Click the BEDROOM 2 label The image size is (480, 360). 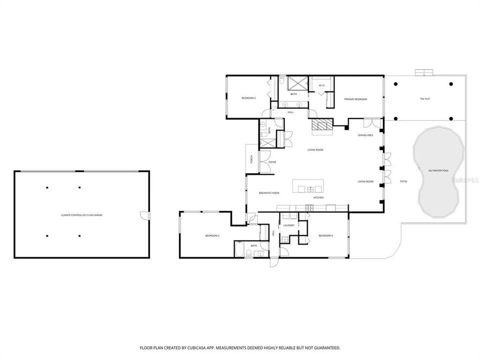point(248,98)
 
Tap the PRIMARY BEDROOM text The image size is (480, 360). point(355,99)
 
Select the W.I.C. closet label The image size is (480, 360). point(322,85)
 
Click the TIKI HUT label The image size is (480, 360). point(424,99)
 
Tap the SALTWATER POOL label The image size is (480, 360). point(438,170)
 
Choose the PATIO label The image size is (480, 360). point(403,181)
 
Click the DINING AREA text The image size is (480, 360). point(365,135)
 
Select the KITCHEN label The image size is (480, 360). point(318,198)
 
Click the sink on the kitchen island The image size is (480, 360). point(311,189)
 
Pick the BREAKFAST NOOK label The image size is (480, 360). point(269,193)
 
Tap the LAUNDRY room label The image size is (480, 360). point(288,225)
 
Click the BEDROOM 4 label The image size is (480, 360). point(325,235)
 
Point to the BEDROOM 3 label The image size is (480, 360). point(212,235)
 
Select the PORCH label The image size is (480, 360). point(251,160)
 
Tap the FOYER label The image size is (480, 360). point(272,162)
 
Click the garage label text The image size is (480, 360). point(81,215)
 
